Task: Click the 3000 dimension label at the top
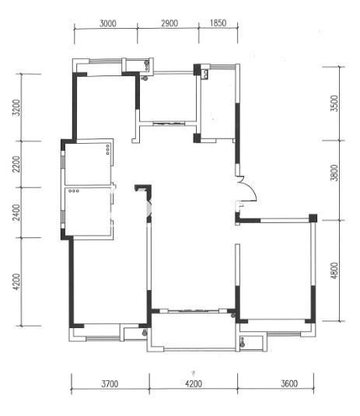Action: [108, 23]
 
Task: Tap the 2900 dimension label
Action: [170, 23]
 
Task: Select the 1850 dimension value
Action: [218, 23]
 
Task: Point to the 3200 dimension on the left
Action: [16, 108]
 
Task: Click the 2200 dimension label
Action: [16, 164]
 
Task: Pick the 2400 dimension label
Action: [16, 212]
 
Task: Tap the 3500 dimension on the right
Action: [335, 103]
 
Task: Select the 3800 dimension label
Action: [335, 173]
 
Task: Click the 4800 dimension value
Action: [335, 271]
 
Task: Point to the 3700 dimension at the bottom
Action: [110, 383]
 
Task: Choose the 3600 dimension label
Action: [289, 383]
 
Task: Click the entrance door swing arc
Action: [251, 186]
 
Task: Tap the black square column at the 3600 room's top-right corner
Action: [313, 218]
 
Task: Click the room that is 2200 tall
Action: [88, 164]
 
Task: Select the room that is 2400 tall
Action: [88, 211]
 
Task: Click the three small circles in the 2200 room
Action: [107, 149]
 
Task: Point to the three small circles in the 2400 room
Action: [74, 191]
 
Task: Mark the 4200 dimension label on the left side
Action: [16, 281]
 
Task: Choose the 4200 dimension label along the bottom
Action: [194, 383]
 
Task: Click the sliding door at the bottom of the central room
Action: [194, 311]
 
